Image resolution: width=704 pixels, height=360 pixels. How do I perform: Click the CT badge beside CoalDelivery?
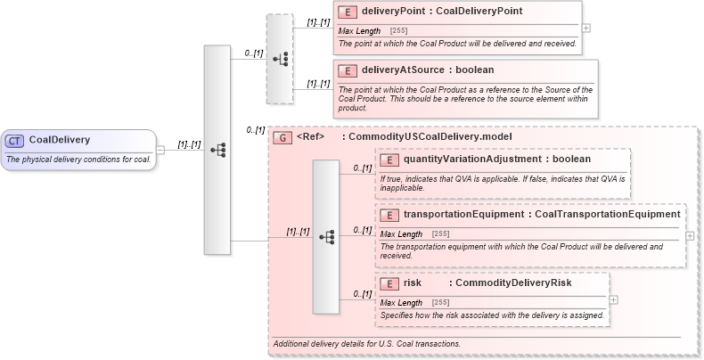[15, 140]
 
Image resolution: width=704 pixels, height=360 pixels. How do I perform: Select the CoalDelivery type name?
[60, 140]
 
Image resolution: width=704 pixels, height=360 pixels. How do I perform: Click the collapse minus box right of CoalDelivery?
[160, 150]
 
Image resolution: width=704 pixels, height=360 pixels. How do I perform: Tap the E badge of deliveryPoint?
[348, 12]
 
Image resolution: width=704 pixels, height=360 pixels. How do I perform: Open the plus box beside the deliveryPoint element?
[585, 28]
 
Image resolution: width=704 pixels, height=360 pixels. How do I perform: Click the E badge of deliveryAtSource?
[348, 70]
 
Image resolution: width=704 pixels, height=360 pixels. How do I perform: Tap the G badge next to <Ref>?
[282, 137]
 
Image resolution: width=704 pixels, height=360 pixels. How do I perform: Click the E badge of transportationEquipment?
[389, 215]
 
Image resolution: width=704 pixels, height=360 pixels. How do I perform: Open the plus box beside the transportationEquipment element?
[691, 236]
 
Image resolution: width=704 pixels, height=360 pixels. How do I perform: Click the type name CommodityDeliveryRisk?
[513, 283]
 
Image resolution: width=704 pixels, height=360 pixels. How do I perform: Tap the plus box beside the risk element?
[613, 300]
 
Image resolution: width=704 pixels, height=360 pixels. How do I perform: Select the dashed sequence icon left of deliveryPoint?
[279, 59]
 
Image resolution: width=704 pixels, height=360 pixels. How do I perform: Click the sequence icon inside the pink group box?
[326, 237]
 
